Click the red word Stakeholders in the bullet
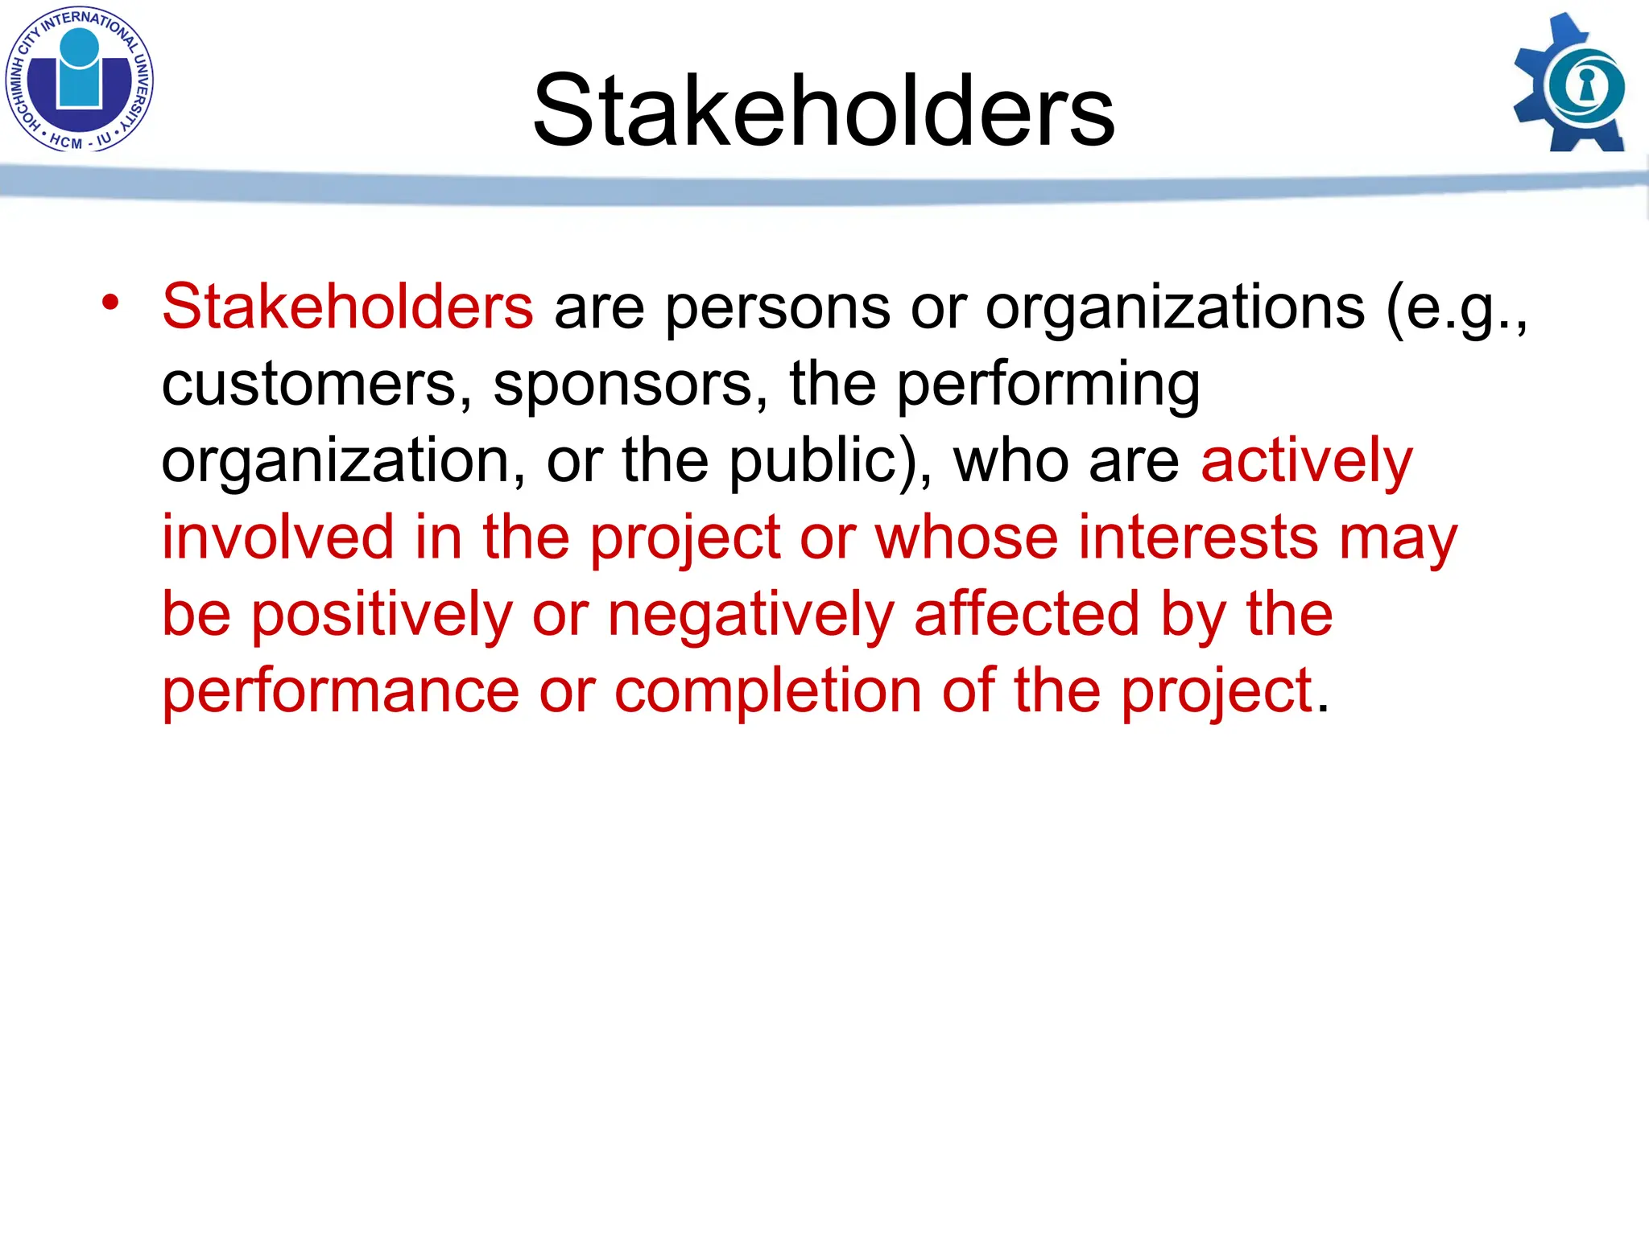tap(347, 307)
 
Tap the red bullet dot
tap(110, 303)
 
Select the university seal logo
tap(79, 79)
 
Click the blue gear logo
tap(1571, 84)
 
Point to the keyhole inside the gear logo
tap(1587, 85)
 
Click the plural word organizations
tap(1175, 308)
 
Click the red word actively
tap(1306, 462)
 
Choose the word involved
tap(278, 537)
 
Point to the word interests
tap(1197, 537)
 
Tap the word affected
tap(1027, 614)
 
